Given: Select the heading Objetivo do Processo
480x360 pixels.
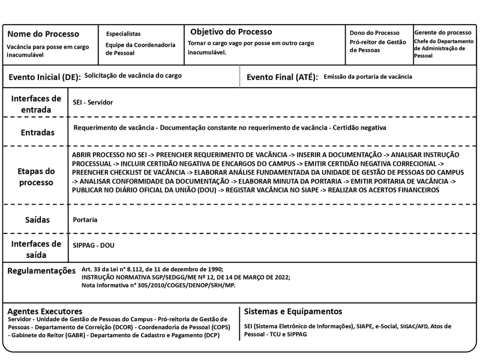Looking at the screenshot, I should click(x=231, y=32).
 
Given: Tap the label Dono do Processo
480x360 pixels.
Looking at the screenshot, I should click(x=374, y=33).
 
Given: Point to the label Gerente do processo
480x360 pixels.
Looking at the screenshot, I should click(x=442, y=32).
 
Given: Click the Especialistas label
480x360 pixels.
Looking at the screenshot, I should click(x=123, y=34).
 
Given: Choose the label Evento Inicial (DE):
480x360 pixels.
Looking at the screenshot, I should click(x=44, y=77).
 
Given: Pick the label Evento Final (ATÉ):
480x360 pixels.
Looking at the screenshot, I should click(x=282, y=77).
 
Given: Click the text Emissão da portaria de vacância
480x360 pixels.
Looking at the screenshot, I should click(x=367, y=77).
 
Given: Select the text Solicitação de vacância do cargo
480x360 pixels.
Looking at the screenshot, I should click(x=133, y=76).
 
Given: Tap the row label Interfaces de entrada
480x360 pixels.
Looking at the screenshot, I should click(x=36, y=104).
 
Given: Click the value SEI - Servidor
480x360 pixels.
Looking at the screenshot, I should click(x=92, y=103).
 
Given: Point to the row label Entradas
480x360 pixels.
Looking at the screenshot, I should click(x=38, y=132).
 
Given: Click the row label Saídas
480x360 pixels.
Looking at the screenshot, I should click(x=37, y=220).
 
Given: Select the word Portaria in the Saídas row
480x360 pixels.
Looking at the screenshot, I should click(x=85, y=220).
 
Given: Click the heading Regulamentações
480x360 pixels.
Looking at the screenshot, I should click(x=41, y=271).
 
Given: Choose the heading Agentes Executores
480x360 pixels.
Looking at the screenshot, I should click(x=45, y=311).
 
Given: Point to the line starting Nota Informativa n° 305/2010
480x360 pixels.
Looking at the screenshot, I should click(x=158, y=286).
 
